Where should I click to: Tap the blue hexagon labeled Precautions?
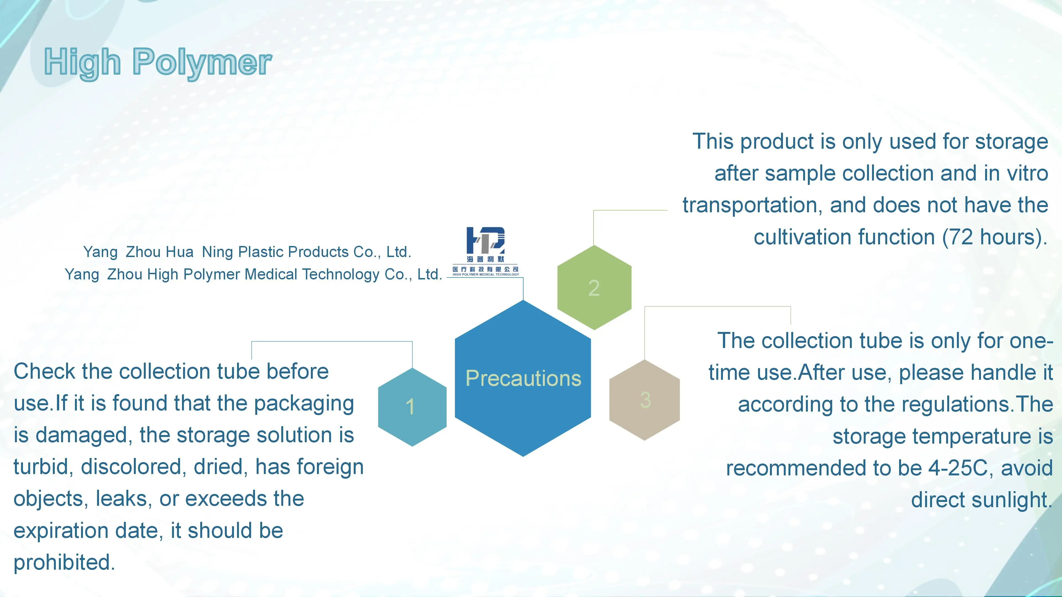[523, 378]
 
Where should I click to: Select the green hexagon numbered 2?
[594, 287]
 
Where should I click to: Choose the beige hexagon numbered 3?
[644, 400]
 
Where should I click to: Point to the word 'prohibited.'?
[64, 563]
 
